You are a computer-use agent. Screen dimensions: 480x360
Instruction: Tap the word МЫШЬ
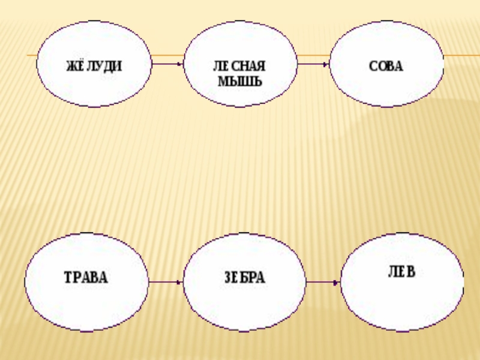[x=239, y=81]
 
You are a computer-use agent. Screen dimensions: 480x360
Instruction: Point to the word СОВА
[x=386, y=65]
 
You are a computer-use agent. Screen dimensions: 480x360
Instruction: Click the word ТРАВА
[x=86, y=278]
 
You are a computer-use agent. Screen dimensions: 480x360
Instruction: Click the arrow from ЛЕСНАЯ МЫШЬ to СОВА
[x=313, y=64]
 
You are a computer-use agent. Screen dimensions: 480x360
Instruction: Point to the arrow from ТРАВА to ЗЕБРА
[x=165, y=281]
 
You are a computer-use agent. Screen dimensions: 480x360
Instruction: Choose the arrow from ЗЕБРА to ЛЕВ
[x=323, y=281]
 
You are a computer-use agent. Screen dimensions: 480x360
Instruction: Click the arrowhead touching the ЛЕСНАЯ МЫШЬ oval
[x=181, y=64]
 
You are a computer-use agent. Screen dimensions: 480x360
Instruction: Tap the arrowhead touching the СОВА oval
[x=326, y=64]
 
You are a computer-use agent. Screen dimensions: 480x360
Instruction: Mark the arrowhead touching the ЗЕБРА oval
[x=179, y=281]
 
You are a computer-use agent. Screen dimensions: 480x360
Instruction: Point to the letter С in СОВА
[x=373, y=65]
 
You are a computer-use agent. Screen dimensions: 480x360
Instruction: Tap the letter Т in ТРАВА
[x=68, y=278]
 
